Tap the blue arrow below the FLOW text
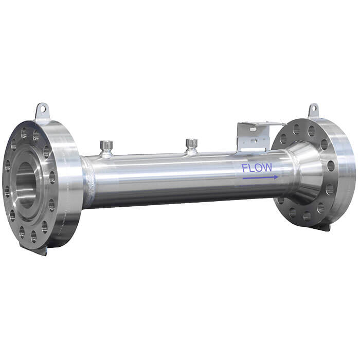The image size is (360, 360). coord(260,177)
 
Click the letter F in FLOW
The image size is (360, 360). coord(245,168)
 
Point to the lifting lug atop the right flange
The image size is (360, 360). coord(313,111)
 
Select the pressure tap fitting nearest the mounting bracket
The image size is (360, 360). coord(191,146)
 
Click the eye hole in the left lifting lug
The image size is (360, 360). coord(42,109)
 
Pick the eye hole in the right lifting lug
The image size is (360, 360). coord(313,109)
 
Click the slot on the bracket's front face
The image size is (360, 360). coord(253,131)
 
